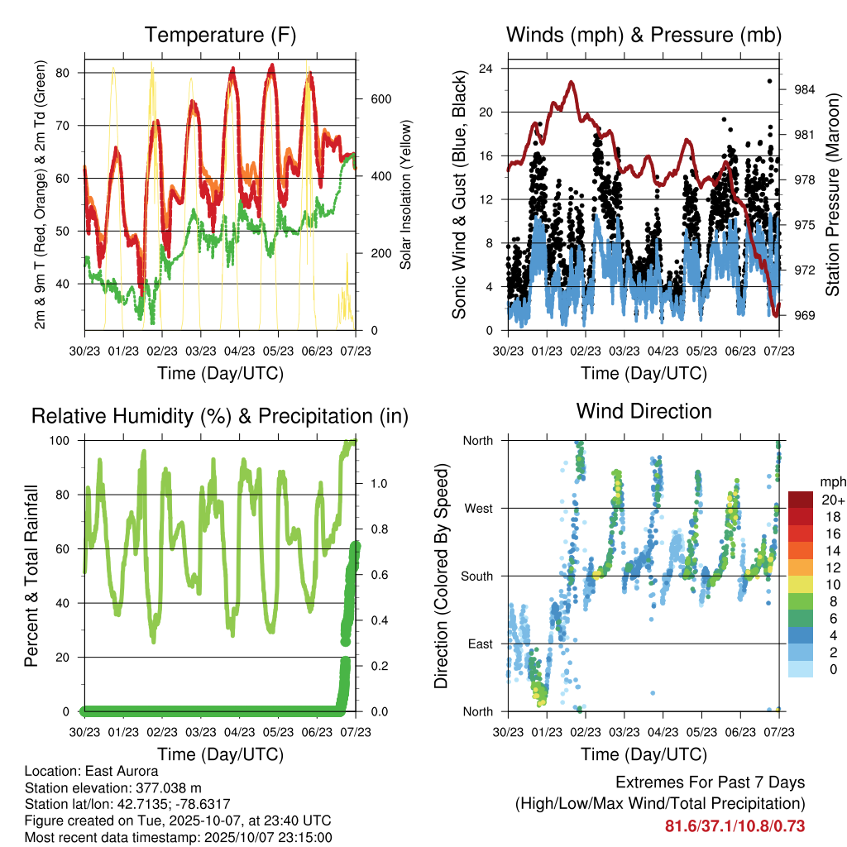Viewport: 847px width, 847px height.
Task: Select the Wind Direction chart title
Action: click(644, 410)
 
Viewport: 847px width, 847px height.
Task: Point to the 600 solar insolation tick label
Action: click(380, 99)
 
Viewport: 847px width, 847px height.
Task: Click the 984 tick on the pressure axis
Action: click(806, 89)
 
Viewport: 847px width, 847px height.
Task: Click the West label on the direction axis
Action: click(478, 508)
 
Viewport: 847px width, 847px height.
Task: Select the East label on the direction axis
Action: click(480, 644)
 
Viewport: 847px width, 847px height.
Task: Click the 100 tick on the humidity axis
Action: click(65, 441)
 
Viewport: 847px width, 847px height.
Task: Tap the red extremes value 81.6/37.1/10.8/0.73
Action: click(735, 826)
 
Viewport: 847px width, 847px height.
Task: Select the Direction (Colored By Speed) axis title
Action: click(442, 576)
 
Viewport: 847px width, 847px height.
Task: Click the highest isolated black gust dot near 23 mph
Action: click(769, 81)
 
